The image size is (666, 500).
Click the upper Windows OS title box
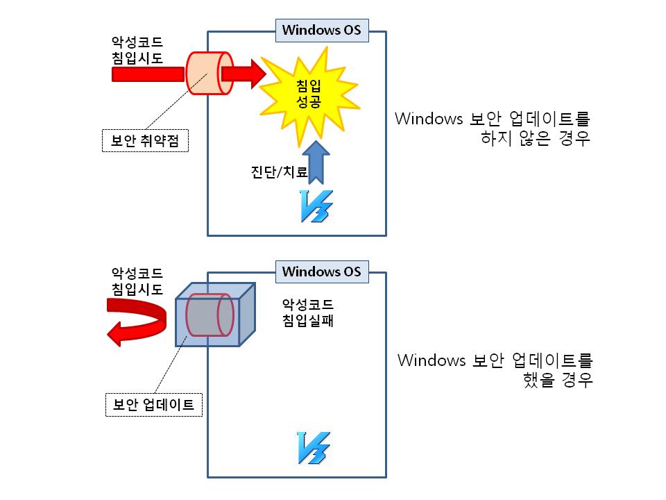tap(322, 30)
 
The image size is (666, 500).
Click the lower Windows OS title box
tap(322, 272)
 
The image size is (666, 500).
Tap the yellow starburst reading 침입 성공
tap(309, 94)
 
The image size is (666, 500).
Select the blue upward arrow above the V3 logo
tap(316, 162)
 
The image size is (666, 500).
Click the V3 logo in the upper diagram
tap(316, 206)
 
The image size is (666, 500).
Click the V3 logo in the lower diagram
tap(314, 448)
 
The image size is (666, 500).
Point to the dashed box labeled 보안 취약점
tap(145, 140)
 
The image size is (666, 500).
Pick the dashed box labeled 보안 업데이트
tap(154, 404)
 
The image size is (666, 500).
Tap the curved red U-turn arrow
tap(136, 322)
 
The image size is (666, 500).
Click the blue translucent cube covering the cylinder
tap(215, 315)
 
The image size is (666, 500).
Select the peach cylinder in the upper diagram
tap(210, 73)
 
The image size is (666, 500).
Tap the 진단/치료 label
tap(279, 172)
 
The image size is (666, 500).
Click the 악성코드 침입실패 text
tap(308, 312)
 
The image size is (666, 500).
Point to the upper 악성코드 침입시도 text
tap(137, 50)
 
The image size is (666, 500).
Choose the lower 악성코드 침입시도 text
tap(137, 281)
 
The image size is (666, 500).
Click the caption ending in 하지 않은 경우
tap(493, 128)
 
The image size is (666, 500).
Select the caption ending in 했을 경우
tap(495, 370)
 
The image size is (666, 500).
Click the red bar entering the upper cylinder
tap(148, 74)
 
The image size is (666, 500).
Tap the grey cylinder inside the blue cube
tap(210, 315)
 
